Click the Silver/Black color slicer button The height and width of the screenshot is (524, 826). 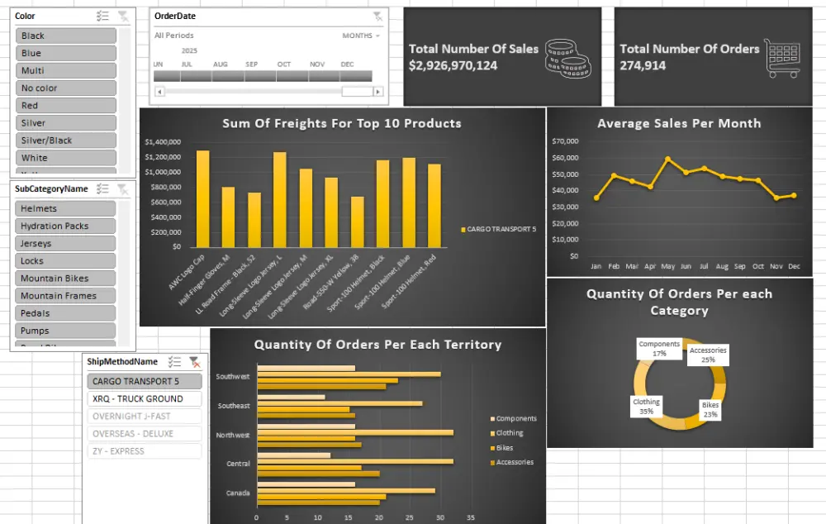point(66,141)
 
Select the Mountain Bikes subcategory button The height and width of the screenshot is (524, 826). point(66,279)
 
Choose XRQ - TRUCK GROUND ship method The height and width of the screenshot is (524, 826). point(144,399)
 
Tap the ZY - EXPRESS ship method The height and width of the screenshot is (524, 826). point(144,451)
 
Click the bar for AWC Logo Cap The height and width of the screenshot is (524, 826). point(202,198)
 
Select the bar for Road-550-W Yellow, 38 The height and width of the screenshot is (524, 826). point(357,222)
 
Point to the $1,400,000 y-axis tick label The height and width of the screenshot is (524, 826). point(163,142)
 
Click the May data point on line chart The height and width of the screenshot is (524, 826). point(668,159)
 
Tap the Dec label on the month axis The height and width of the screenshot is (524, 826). point(794,267)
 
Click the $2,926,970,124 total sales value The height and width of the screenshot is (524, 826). point(453,65)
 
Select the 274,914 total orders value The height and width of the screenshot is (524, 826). point(643,65)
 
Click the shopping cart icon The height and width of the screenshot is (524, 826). point(781,58)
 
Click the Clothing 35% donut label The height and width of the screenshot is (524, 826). point(646,407)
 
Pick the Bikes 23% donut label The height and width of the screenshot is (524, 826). point(710,410)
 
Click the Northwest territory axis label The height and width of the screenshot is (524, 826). point(232,435)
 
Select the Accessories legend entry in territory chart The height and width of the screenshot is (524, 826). point(515,463)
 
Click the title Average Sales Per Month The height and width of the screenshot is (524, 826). point(679,124)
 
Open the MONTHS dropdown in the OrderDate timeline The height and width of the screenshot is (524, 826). point(361,36)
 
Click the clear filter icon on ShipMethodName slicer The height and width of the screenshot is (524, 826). point(194,362)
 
